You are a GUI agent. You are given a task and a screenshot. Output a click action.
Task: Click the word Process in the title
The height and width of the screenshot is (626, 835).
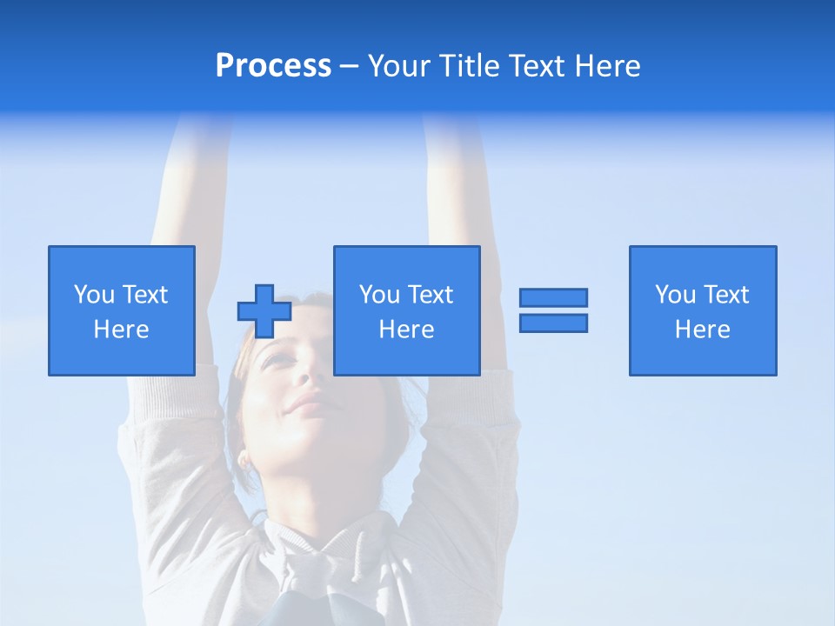273,66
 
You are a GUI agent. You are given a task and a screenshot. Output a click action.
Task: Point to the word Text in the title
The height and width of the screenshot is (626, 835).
536,66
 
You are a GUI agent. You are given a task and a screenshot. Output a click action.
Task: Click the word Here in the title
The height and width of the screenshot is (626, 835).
606,66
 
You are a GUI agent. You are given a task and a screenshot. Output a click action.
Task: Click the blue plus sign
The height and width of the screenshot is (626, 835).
264,311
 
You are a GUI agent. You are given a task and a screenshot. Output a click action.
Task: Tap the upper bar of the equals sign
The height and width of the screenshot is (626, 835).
553,297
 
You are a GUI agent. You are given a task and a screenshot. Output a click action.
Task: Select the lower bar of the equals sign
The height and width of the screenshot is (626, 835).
553,323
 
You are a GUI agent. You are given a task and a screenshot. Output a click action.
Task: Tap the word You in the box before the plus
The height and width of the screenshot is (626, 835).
93,295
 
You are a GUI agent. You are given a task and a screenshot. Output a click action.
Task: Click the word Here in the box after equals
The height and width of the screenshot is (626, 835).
703,330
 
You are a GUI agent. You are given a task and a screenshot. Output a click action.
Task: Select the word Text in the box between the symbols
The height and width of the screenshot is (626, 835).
430,295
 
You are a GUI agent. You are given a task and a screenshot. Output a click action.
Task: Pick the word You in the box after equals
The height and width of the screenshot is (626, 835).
675,295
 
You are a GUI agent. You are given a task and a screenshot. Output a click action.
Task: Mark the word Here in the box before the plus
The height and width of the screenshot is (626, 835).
122,330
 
